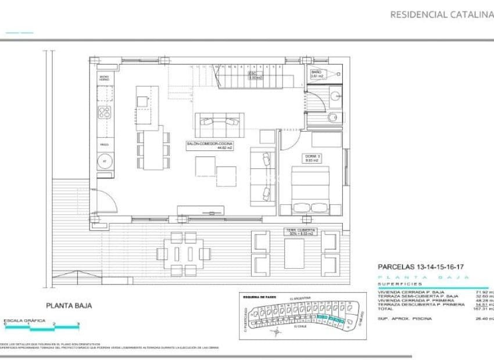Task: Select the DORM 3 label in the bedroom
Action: click(313, 158)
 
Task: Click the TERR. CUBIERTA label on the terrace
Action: click(299, 232)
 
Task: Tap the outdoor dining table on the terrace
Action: click(183, 253)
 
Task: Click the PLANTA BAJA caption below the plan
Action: click(69, 304)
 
